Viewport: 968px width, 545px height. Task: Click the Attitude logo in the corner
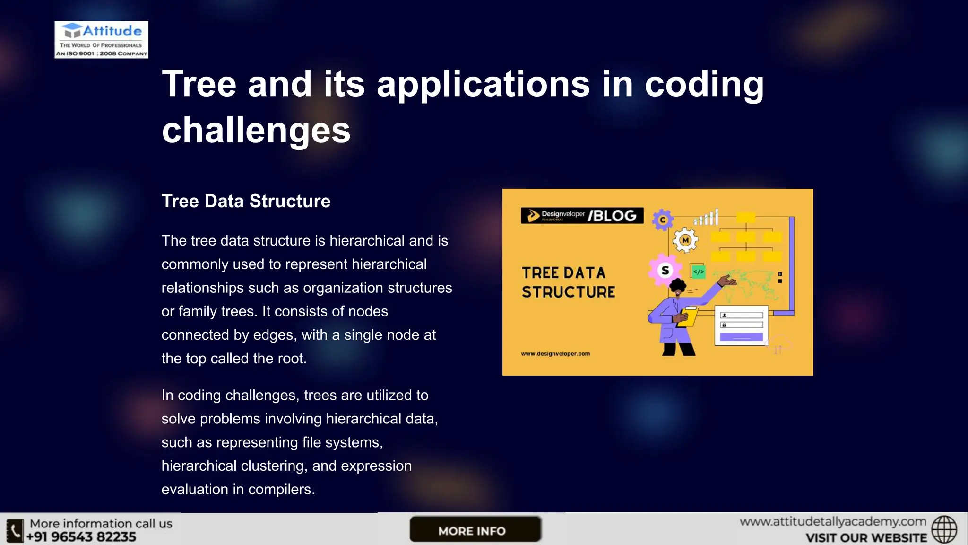tap(101, 40)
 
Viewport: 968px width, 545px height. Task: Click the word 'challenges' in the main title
tap(256, 130)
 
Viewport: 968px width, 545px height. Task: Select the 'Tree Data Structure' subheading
tap(246, 201)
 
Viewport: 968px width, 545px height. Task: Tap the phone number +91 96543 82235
tap(81, 537)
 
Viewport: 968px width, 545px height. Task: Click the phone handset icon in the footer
tap(15, 530)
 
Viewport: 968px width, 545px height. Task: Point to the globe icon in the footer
tap(944, 529)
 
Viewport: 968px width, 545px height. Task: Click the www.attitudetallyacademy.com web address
tap(833, 522)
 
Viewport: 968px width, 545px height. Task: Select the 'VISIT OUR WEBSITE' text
tap(866, 538)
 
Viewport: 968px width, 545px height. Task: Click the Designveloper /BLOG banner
tap(582, 215)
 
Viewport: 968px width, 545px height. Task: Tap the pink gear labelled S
tap(665, 270)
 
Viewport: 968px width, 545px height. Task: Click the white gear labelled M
tap(685, 240)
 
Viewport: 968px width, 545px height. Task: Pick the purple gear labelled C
tap(663, 220)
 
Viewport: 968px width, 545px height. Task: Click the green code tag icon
tap(698, 272)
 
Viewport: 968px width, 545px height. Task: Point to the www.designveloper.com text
tap(555, 353)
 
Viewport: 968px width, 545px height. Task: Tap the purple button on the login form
tap(741, 337)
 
